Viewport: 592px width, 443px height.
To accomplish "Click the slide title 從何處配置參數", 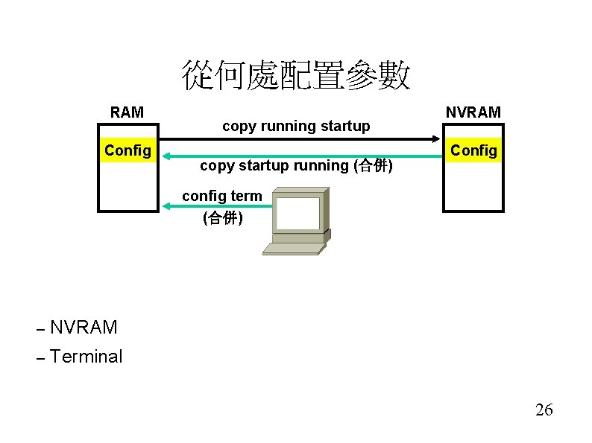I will coord(296,76).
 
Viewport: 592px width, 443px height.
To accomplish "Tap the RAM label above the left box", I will coord(127,112).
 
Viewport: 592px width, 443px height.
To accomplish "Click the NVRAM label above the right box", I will coord(473,112).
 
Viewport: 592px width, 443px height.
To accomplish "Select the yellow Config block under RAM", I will coord(128,150).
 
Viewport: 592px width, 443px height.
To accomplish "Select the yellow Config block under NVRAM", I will coord(473,150).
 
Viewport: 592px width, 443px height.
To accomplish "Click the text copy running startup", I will coord(296,126).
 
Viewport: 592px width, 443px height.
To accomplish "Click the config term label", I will coord(222,196).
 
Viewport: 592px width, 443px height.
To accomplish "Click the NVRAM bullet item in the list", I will coord(84,327).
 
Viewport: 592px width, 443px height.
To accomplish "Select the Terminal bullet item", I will coord(86,357).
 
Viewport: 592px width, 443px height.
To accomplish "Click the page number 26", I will coord(544,410).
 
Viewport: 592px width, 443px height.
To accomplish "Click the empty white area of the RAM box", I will coord(128,186).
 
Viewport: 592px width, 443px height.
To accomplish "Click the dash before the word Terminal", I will coord(41,357).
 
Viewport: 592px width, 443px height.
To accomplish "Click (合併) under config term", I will coord(222,218).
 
